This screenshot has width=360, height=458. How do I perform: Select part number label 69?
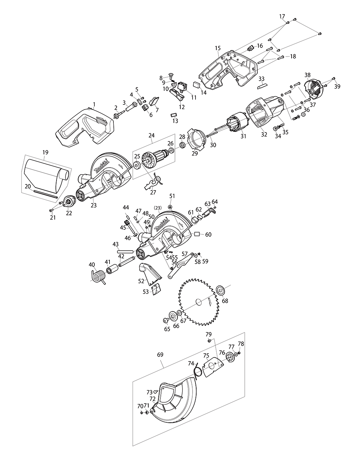(x=159, y=355)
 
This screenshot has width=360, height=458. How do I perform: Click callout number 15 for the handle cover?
(x=217, y=48)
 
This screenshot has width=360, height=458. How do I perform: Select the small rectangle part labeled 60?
(x=197, y=234)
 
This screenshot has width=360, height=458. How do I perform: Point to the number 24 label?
(x=151, y=136)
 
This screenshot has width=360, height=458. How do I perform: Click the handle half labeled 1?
(x=85, y=128)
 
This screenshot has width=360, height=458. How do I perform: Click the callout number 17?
(x=282, y=17)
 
